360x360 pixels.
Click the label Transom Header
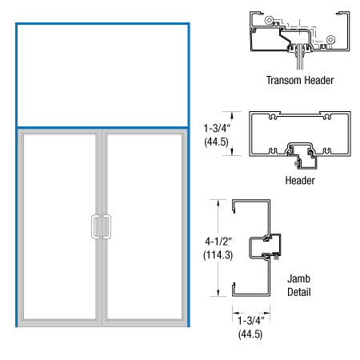coord(301,80)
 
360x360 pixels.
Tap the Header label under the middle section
coord(300,180)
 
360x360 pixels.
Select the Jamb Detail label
coord(299,286)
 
